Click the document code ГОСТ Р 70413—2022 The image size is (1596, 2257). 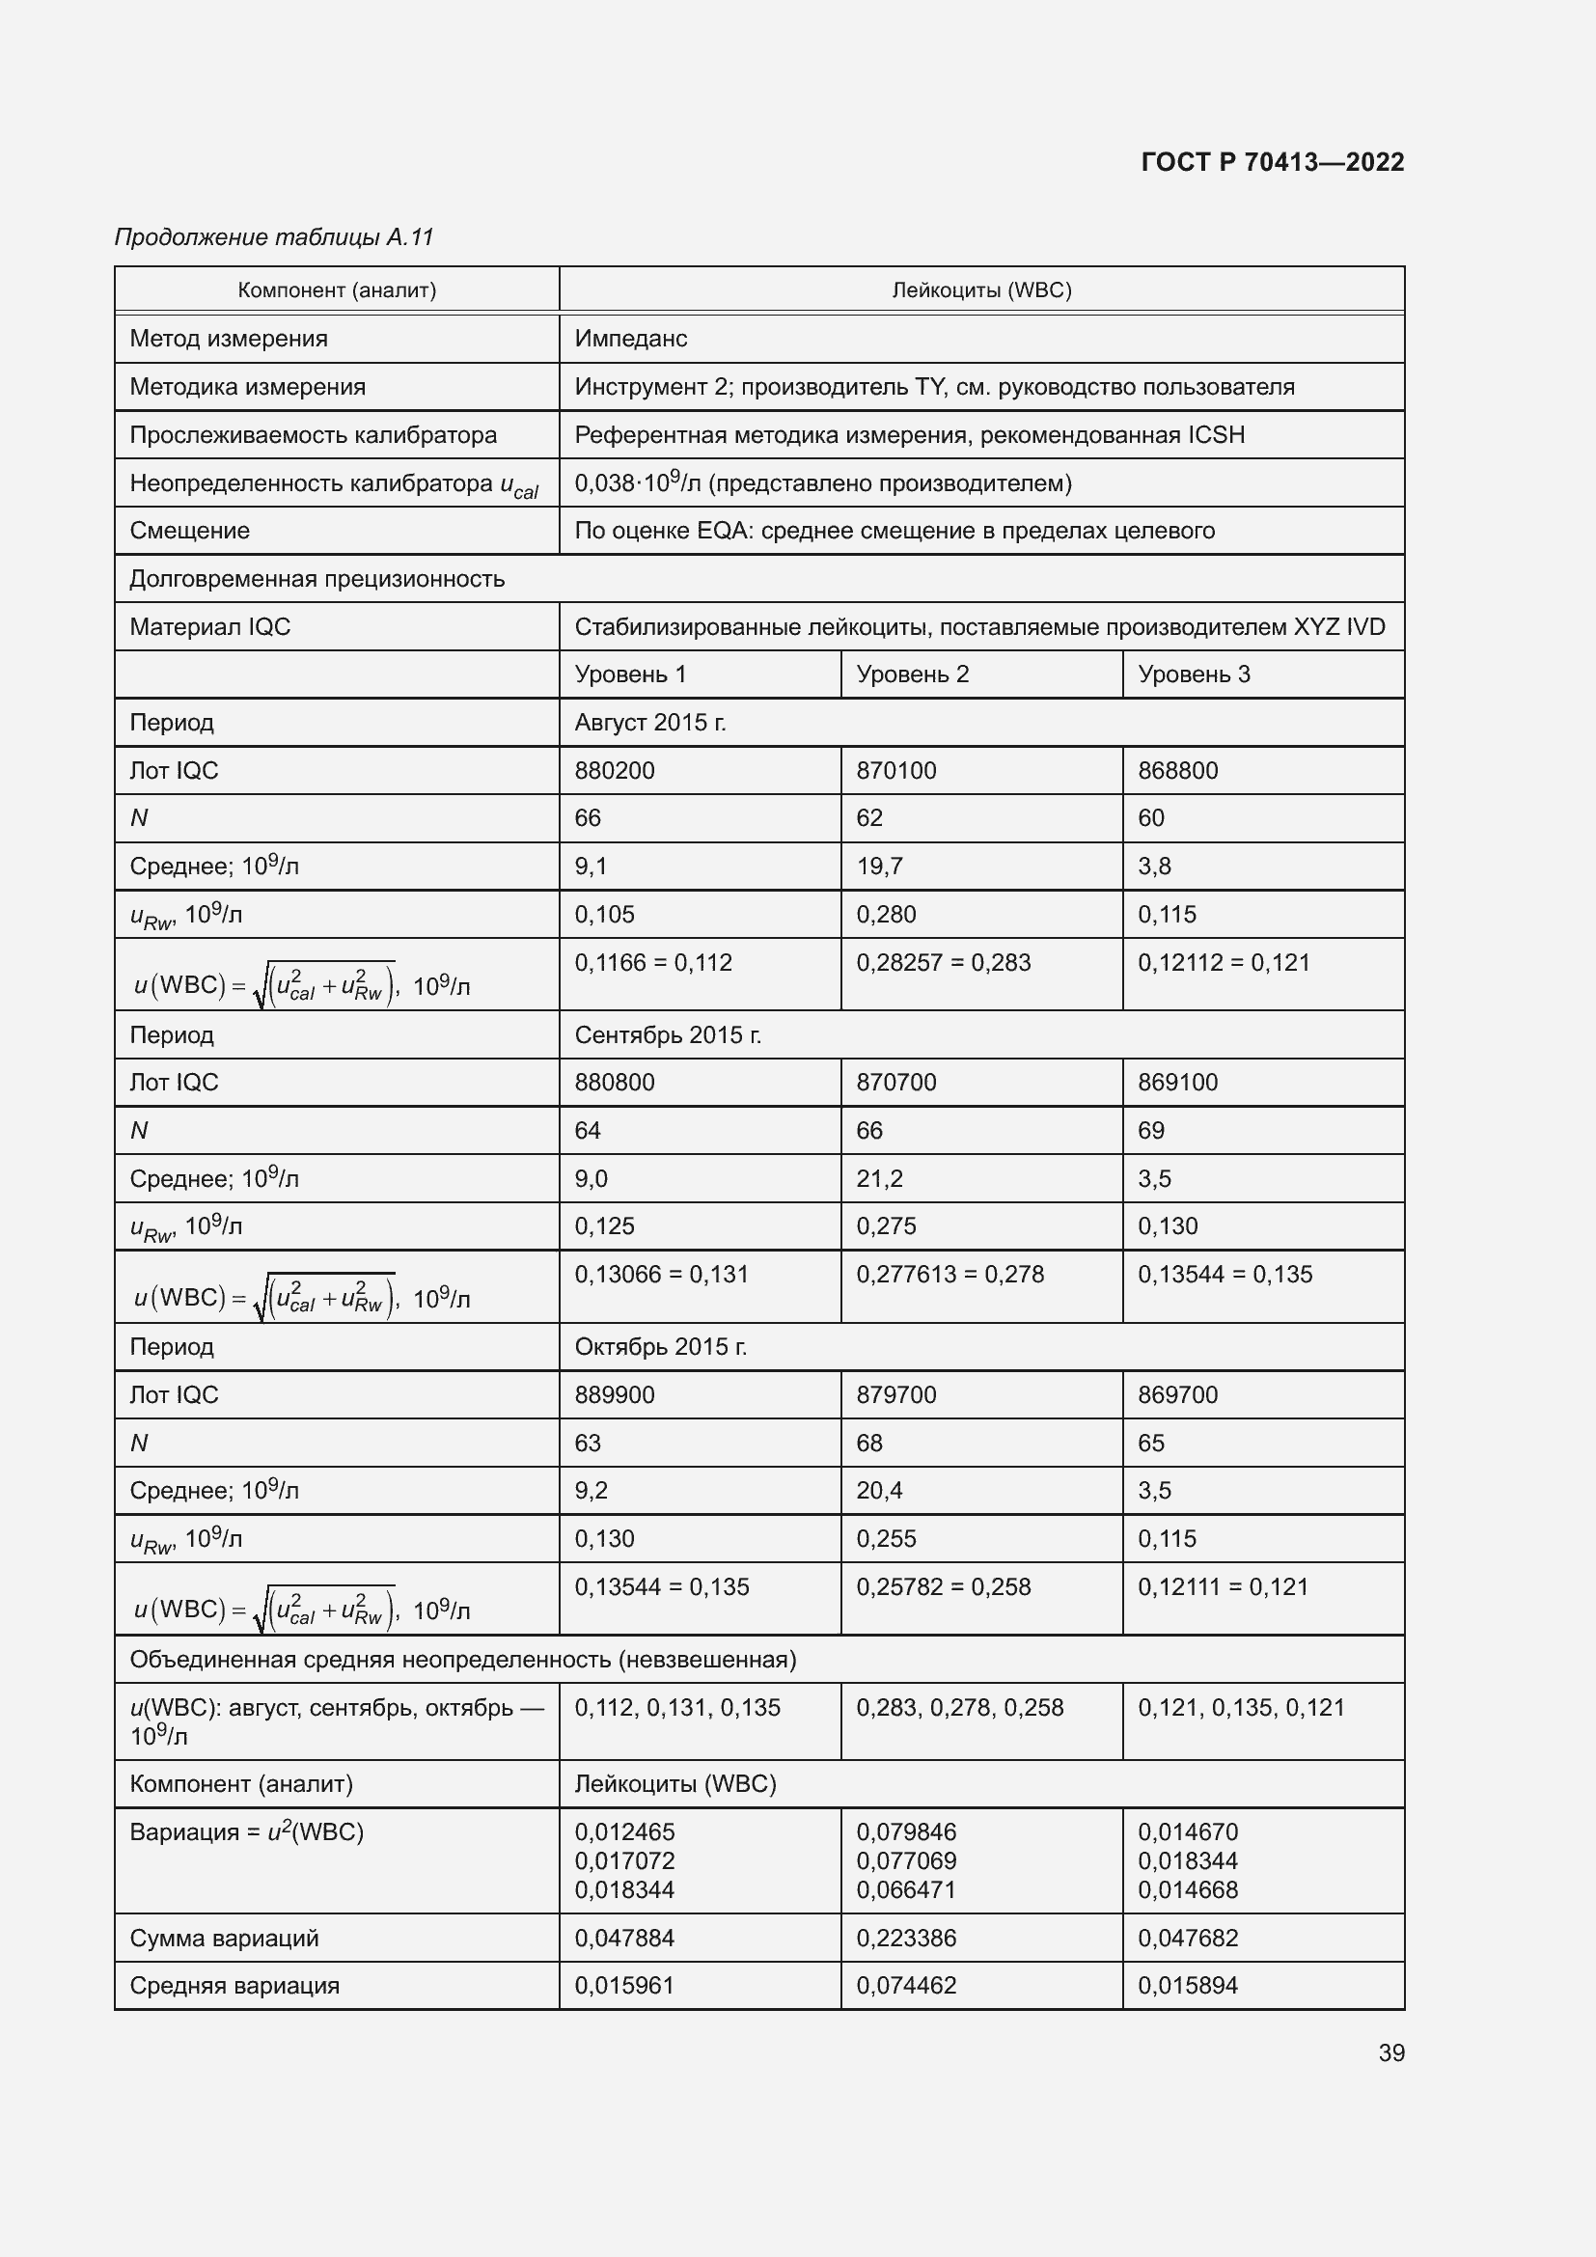(1272, 162)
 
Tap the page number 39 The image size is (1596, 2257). (1390, 2052)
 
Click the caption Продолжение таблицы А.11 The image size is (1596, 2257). (274, 237)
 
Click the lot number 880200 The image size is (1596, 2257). (615, 771)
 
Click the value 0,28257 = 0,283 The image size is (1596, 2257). (943, 962)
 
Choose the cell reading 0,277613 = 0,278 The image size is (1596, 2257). (949, 1274)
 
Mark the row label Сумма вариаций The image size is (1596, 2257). (224, 1938)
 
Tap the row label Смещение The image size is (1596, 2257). (190, 531)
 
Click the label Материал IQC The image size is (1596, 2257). (210, 627)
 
